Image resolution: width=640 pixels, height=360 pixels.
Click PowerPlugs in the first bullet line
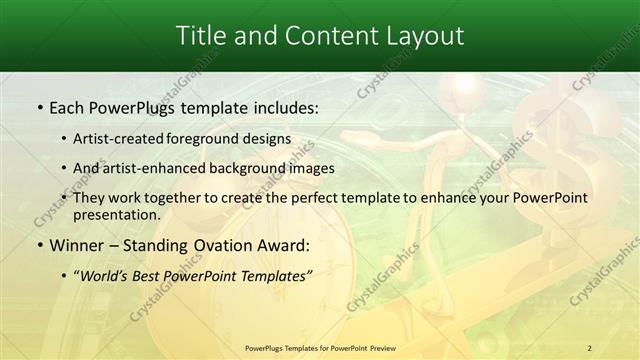point(134,105)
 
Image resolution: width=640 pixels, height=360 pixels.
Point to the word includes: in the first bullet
point(281,105)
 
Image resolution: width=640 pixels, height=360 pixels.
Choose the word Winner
point(77,245)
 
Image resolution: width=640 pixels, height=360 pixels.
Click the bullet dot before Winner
point(39,245)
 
